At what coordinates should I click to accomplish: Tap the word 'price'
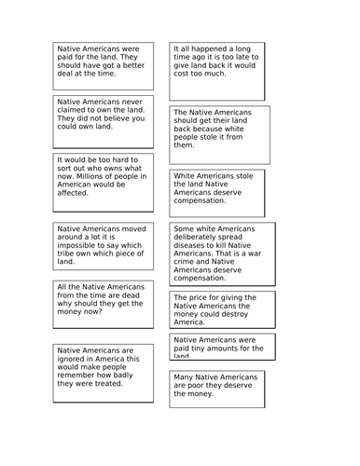tap(202, 298)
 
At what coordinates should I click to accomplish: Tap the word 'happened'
tap(208, 47)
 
